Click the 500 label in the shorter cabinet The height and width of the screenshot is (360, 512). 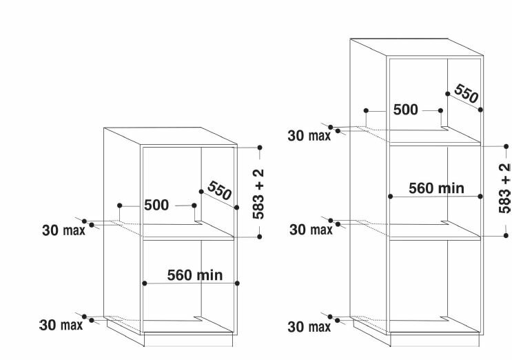[x=156, y=205]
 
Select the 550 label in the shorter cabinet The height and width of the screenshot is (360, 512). [x=219, y=190]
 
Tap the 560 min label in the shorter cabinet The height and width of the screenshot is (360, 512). [x=195, y=275]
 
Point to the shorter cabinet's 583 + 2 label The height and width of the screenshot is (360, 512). [x=258, y=194]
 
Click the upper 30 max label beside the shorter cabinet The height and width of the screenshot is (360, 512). [x=63, y=230]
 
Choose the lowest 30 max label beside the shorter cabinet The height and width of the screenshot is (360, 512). [x=61, y=325]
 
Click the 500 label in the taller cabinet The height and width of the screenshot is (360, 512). [x=406, y=110]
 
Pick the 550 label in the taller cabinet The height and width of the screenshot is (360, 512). [x=467, y=93]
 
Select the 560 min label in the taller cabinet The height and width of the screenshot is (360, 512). [x=437, y=188]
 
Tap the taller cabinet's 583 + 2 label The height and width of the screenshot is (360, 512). [x=505, y=188]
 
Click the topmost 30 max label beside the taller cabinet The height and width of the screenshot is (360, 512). [x=309, y=136]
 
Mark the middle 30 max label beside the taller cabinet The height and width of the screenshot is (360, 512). [x=311, y=230]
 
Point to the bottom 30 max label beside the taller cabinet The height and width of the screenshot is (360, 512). [x=309, y=327]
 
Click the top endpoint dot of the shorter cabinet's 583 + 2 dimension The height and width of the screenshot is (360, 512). [x=260, y=148]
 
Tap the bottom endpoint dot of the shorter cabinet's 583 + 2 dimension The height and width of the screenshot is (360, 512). [x=260, y=237]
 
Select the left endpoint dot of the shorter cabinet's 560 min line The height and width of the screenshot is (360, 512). [x=144, y=283]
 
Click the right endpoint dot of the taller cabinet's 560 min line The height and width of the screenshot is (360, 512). [x=480, y=197]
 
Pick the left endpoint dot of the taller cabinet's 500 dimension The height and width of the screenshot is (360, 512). [x=366, y=111]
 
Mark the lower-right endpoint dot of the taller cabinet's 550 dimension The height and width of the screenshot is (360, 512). [x=480, y=110]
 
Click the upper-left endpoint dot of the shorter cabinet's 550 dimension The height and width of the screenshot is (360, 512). [x=201, y=192]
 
